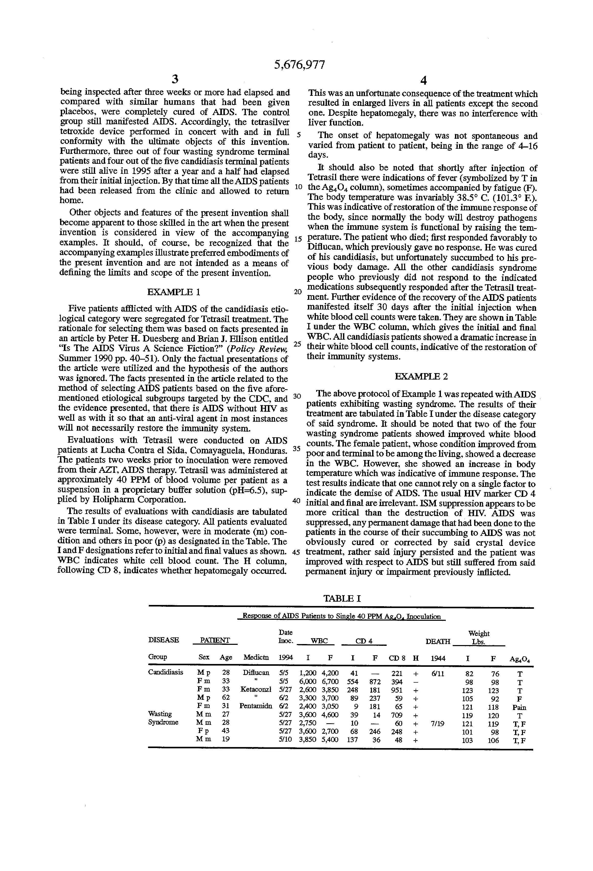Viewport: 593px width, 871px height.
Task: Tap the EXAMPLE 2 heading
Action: point(421,376)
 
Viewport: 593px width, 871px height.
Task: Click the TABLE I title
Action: point(342,599)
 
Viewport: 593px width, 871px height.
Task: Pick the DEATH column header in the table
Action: point(438,641)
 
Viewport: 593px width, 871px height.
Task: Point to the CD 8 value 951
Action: point(397,690)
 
